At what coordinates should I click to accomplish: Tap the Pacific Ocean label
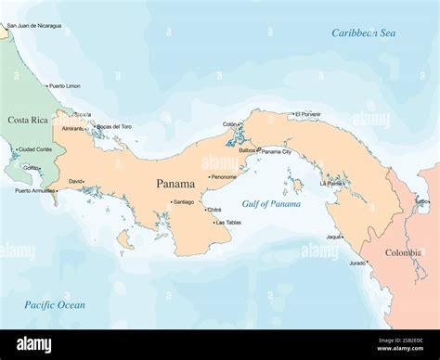[55, 304]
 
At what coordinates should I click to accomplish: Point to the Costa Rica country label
[28, 120]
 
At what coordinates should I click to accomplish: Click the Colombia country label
[403, 252]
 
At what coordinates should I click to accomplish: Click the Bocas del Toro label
[114, 126]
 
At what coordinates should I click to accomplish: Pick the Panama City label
[276, 150]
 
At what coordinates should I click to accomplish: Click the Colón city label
[230, 123]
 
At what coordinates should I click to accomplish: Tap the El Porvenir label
[307, 114]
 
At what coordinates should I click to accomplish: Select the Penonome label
[224, 176]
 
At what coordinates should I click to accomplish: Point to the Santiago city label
[184, 201]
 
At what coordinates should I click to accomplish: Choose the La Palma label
[330, 183]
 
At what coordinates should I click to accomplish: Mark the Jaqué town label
[333, 237]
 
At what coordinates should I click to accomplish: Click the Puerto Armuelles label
[33, 191]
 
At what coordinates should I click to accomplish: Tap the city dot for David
[86, 181]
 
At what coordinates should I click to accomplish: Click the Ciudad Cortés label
[35, 148]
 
